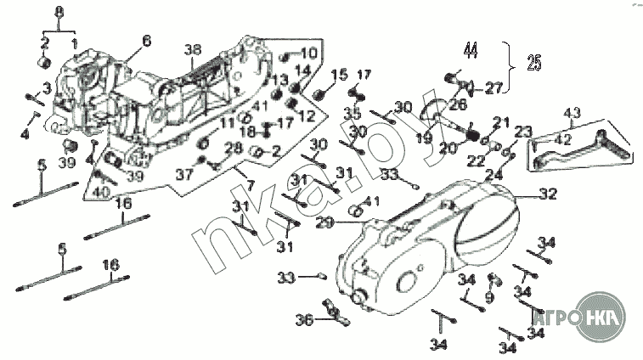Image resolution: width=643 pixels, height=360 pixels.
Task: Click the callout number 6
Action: [145, 41]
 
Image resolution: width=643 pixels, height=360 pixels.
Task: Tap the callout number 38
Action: [195, 50]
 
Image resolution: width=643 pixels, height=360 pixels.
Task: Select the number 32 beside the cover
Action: [548, 194]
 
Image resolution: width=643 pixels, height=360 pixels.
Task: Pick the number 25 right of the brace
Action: [533, 62]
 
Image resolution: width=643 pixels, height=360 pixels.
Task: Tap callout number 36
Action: [303, 319]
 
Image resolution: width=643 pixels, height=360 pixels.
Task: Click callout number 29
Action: [323, 222]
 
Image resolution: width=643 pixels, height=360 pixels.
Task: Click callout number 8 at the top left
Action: [58, 10]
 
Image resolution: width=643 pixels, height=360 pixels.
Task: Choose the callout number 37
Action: [179, 174]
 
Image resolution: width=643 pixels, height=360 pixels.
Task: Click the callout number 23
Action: [522, 132]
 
